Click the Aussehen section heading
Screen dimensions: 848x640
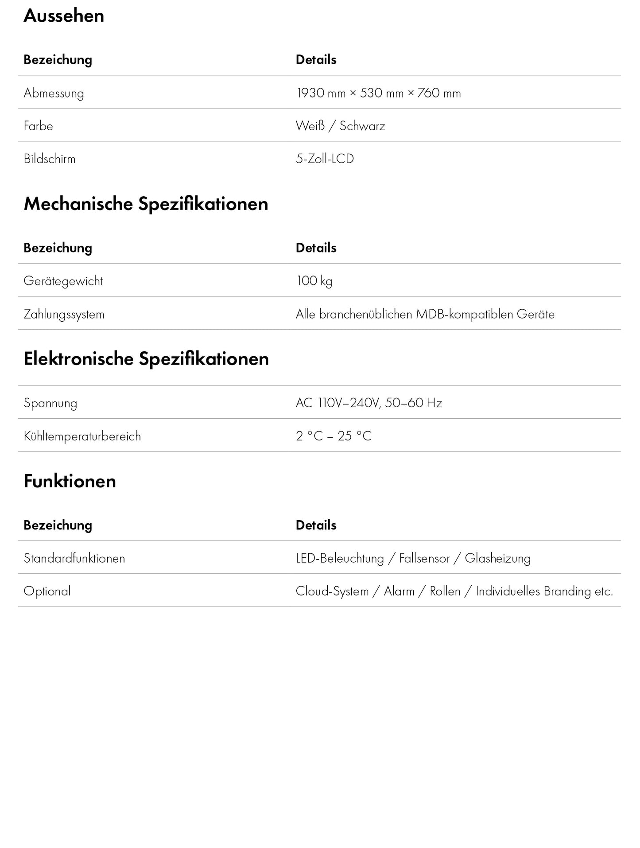pos(64,16)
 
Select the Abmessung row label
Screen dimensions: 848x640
pos(54,93)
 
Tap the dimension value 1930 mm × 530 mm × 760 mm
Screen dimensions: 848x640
pos(378,93)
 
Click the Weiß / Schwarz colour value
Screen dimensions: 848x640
pos(340,126)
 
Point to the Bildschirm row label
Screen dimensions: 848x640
pos(50,159)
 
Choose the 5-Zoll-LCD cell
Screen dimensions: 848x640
pos(325,159)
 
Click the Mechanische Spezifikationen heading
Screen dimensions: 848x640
pos(146,204)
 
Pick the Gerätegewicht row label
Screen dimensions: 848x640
pos(63,281)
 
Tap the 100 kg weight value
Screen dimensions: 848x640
pos(314,281)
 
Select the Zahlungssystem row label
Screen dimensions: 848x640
pos(64,315)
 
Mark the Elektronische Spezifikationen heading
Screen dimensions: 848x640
pos(146,359)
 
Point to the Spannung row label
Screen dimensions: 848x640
pos(50,403)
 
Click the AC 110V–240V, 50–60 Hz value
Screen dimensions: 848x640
pos(369,403)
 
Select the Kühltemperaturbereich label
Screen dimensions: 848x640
pos(82,436)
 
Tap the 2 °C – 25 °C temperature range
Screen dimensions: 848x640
pos(334,436)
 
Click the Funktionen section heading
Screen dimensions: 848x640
pos(70,481)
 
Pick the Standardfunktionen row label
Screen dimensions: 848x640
pos(74,558)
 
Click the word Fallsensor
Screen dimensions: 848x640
pos(424,558)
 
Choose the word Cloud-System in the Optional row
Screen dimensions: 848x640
pos(332,591)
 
